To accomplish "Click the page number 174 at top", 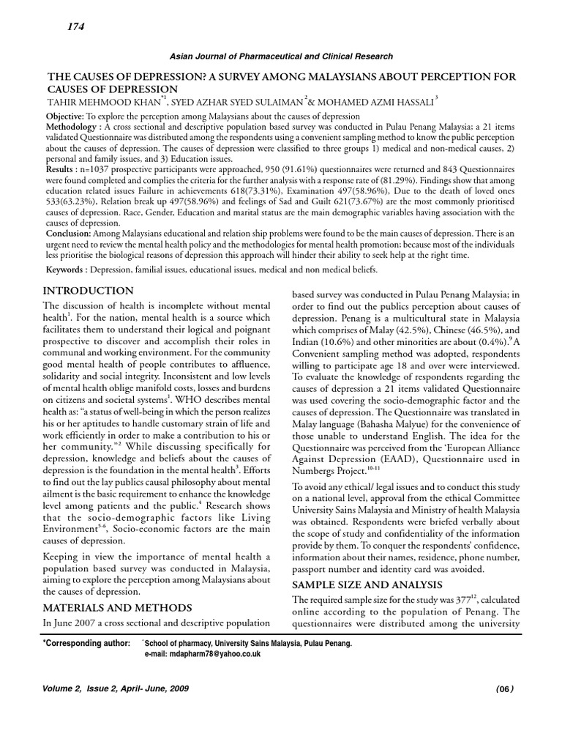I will click(75, 27).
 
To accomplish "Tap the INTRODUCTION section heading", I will click(88, 291).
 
